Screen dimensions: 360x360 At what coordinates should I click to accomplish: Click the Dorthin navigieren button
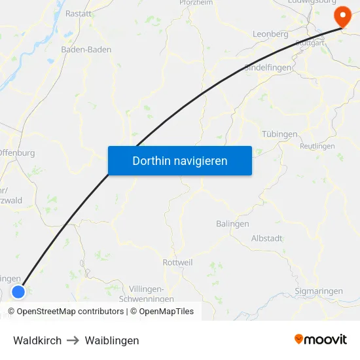(179, 160)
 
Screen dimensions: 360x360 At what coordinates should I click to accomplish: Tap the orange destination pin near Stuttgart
(342, 16)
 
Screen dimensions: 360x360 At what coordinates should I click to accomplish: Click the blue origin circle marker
(18, 293)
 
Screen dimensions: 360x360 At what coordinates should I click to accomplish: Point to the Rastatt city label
(79, 13)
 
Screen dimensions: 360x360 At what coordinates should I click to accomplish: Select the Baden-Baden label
(86, 49)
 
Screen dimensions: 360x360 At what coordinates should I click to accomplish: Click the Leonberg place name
(270, 34)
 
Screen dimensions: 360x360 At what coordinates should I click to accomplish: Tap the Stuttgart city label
(310, 43)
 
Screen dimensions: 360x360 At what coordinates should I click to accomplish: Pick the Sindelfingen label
(268, 67)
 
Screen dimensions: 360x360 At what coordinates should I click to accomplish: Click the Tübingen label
(279, 134)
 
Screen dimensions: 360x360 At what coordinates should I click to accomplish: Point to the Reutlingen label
(317, 146)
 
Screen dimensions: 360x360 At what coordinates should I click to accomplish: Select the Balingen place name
(232, 223)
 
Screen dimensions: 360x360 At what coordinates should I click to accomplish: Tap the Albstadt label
(267, 238)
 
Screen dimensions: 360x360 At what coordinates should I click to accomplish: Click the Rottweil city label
(177, 262)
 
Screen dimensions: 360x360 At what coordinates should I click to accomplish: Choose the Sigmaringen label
(319, 291)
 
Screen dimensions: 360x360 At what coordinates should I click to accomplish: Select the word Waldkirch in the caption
(37, 340)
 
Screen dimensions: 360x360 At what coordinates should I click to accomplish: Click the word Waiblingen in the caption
(112, 340)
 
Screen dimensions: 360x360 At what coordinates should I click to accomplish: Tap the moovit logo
(321, 339)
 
